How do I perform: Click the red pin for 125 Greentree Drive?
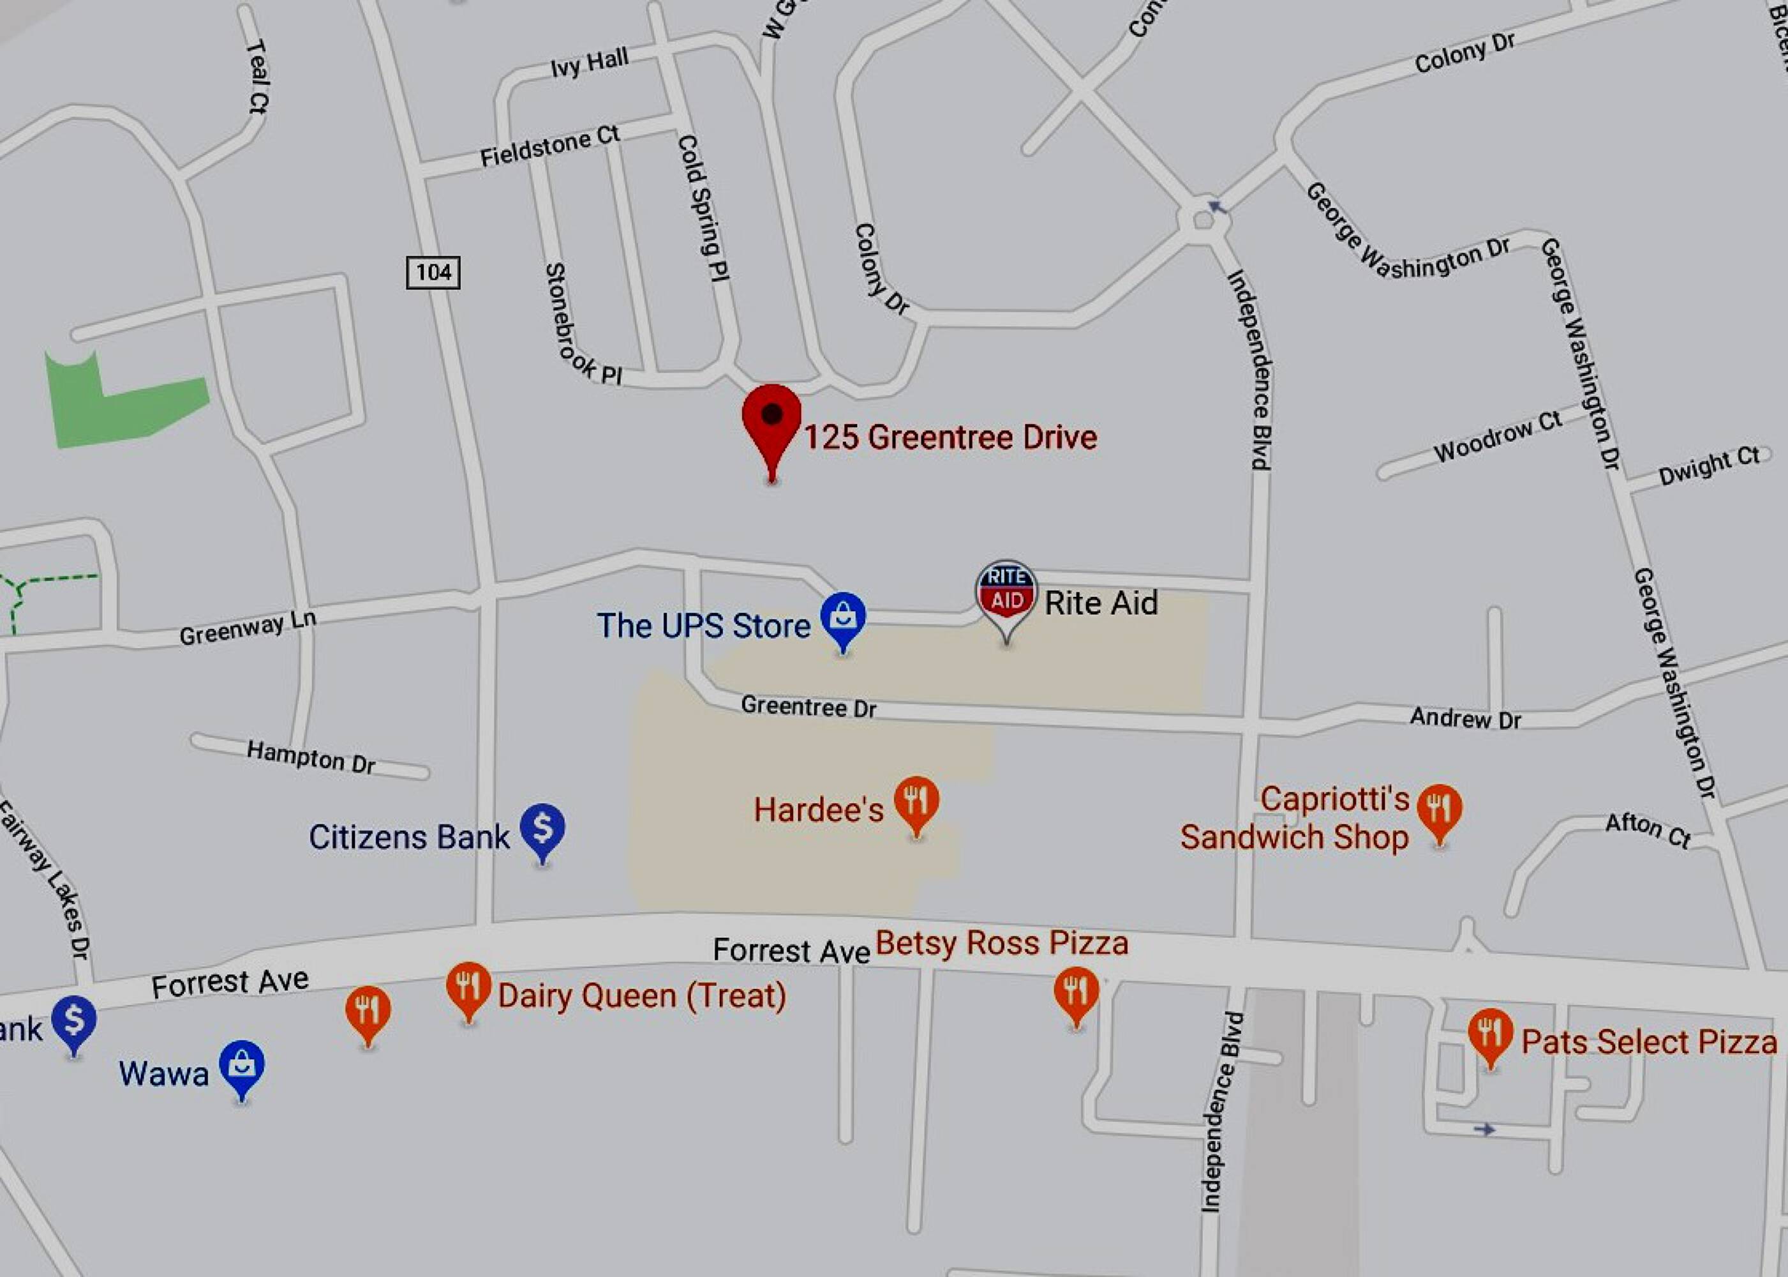[771, 418]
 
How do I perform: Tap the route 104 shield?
[433, 273]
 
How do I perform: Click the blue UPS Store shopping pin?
[844, 617]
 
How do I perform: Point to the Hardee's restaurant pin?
[916, 802]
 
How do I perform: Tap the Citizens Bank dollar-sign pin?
[542, 829]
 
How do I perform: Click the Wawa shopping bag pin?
[242, 1066]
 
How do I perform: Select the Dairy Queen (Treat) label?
[642, 995]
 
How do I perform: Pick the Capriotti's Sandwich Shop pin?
[1440, 809]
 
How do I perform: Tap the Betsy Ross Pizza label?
[1002, 943]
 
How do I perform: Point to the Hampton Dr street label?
[311, 757]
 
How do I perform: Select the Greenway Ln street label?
[248, 628]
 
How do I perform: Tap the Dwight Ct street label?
[1709, 465]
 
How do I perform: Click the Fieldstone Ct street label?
[550, 146]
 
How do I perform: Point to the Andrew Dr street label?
[1465, 718]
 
